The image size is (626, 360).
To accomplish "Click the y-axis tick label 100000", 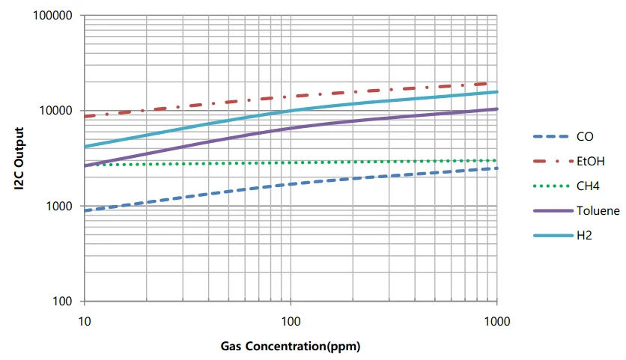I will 53,16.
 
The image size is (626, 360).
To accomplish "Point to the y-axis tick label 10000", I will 56,111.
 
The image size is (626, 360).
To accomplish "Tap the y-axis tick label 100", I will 62,302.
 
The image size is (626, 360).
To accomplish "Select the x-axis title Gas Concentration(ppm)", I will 291,347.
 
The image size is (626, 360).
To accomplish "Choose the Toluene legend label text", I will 598,211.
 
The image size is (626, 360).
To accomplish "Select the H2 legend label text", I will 583,236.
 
